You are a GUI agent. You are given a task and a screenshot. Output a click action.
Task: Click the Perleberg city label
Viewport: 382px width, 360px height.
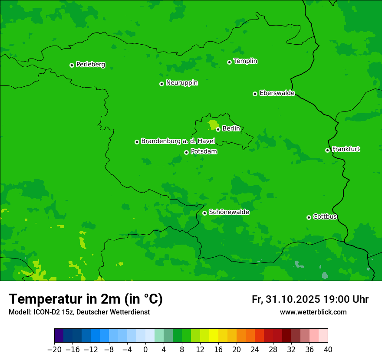coord(90,65)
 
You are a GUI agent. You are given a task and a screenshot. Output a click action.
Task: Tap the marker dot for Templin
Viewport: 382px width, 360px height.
coord(229,62)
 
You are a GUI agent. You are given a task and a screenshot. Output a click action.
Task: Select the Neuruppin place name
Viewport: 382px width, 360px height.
coord(181,83)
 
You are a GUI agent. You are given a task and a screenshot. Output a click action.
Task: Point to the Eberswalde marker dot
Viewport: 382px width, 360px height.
coord(255,94)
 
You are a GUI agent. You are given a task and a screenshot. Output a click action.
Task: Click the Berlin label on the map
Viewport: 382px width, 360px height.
coord(231,128)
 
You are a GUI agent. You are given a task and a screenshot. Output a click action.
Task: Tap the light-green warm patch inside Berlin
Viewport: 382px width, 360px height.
coord(213,125)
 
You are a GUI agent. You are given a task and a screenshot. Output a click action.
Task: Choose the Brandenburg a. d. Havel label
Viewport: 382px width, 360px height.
coord(178,141)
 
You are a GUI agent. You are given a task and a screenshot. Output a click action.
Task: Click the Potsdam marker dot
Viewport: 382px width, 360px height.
coord(186,152)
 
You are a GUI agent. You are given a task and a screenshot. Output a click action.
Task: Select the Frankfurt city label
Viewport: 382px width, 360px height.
coord(346,149)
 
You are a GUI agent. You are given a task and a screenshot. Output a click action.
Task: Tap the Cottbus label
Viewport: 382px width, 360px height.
coord(325,216)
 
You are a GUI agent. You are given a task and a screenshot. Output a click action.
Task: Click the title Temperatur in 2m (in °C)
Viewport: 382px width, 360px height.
coord(86,299)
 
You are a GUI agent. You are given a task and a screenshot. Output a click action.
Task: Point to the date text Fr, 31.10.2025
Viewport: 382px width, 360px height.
coord(286,299)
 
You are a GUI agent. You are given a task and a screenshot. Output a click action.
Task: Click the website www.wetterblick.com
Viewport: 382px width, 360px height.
coord(313,312)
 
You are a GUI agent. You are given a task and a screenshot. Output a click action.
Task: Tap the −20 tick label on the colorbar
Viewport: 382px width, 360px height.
coord(54,350)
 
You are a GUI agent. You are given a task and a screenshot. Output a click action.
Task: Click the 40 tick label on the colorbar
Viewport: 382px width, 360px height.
coord(328,350)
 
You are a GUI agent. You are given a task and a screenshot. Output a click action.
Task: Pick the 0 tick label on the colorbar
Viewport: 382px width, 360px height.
coord(145,350)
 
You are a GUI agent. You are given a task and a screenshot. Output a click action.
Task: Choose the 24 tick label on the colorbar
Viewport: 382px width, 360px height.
coord(255,350)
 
